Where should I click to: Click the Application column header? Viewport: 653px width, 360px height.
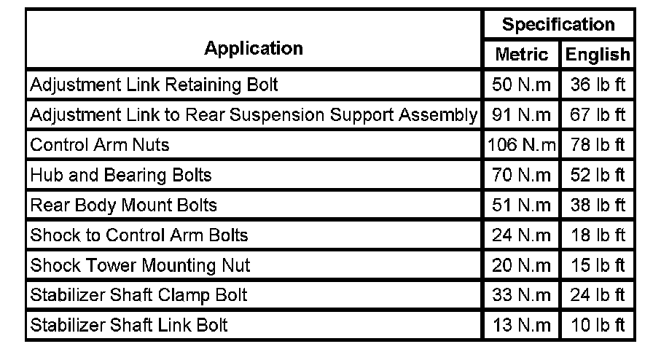coord(254,49)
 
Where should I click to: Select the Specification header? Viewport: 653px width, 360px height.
coord(558,25)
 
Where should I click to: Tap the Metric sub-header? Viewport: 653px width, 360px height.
coord(521,55)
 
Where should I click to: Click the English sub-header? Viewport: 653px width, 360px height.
coord(597,55)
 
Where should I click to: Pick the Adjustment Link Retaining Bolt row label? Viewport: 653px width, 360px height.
coord(154,85)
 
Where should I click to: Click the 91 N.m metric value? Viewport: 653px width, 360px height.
coord(521,115)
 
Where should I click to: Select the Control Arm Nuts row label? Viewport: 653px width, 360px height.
coord(100,145)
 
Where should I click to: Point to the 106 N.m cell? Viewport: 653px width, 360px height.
coord(521,145)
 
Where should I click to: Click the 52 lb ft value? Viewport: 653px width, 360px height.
coord(598,175)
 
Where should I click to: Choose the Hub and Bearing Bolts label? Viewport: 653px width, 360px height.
coord(121,175)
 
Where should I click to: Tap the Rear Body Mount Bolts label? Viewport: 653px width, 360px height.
coord(124,205)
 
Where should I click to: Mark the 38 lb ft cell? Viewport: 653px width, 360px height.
coord(598,205)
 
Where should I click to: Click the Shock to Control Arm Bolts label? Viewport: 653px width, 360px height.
coord(139,235)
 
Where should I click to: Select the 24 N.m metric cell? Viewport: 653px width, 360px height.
coord(521,235)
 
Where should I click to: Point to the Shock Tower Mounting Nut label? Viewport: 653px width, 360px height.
coord(140,265)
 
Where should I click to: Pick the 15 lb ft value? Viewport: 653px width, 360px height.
coord(598,265)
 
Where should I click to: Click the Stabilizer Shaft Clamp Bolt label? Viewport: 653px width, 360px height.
coord(138,295)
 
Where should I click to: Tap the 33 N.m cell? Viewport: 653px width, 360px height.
coord(521,295)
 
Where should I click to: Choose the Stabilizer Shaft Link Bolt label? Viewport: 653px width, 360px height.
coord(129,325)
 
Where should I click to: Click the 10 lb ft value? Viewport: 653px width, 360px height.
coord(598,325)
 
